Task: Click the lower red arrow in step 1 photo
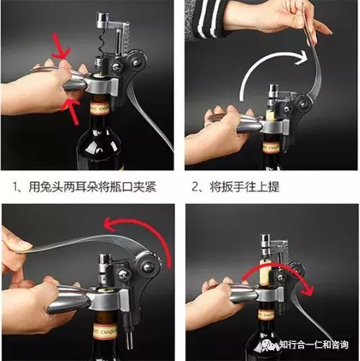(x=67, y=108)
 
